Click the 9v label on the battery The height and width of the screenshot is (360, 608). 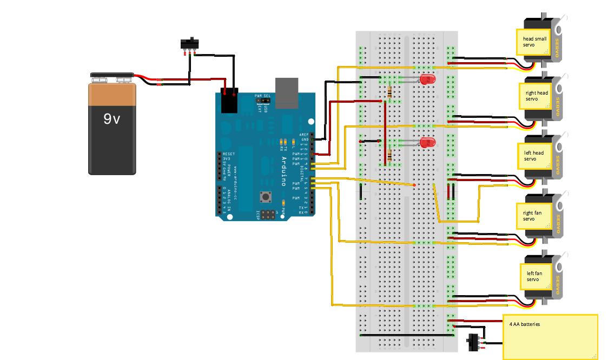coord(111,118)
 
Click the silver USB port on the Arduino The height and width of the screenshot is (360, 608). coord(287,94)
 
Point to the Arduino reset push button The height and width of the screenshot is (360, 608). coord(266,196)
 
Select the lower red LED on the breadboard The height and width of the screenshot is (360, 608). coord(427,143)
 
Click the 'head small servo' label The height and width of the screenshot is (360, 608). coord(534,42)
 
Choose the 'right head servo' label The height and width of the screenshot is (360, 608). coord(537,96)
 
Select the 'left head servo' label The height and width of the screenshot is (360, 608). coord(534,156)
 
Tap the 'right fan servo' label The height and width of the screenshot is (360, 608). coord(532,216)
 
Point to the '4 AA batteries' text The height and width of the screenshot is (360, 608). coord(525,324)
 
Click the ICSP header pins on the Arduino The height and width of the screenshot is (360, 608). coord(268,215)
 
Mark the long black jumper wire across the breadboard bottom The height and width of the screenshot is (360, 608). coord(406,335)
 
